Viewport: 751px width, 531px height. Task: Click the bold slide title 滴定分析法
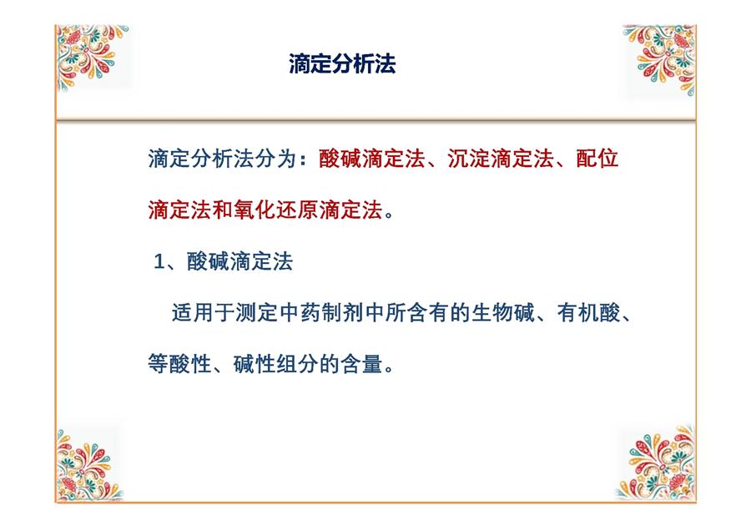point(342,63)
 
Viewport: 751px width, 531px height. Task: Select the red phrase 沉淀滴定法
point(501,159)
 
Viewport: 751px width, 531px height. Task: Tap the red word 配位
point(597,159)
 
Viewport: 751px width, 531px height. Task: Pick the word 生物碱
point(503,313)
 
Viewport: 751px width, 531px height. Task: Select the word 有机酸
point(588,313)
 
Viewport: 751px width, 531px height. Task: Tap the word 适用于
point(203,313)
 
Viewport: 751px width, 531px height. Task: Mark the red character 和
point(222,210)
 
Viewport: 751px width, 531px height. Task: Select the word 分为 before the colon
point(275,159)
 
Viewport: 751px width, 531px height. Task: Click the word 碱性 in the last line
point(255,364)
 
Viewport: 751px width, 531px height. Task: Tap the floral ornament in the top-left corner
point(91,57)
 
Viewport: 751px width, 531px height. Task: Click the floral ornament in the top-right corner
point(660,59)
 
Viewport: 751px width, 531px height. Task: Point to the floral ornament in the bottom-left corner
point(88,465)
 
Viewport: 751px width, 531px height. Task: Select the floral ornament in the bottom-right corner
point(656,463)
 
